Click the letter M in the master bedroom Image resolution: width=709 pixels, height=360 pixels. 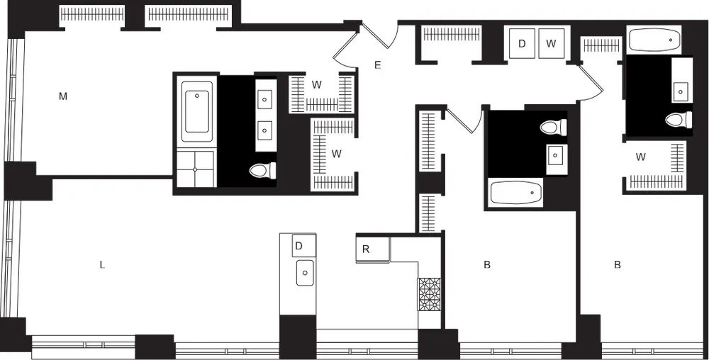click(62, 96)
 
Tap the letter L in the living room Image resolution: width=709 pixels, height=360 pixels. click(102, 265)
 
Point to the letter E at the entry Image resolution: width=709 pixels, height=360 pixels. click(378, 66)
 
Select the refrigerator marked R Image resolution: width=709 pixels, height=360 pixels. click(366, 249)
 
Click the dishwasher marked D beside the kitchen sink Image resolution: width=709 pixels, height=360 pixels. click(299, 245)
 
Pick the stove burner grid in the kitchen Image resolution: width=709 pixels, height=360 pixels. click(429, 293)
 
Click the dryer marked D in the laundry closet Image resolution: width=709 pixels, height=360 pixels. click(522, 44)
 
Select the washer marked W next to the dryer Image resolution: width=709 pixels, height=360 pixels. click(551, 44)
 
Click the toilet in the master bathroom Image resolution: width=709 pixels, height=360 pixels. click(264, 170)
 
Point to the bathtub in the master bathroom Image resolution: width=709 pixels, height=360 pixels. click(197, 111)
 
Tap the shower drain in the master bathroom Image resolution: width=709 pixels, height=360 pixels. click(195, 169)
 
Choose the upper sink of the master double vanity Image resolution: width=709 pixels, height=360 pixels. click(265, 100)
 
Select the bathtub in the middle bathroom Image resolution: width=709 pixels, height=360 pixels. click(515, 193)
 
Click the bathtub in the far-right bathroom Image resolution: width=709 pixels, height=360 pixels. click(654, 40)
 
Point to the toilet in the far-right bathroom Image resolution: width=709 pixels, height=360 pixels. click(679, 119)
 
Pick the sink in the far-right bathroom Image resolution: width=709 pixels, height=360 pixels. click(681, 91)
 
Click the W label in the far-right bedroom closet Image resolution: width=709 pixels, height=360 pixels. click(641, 157)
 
